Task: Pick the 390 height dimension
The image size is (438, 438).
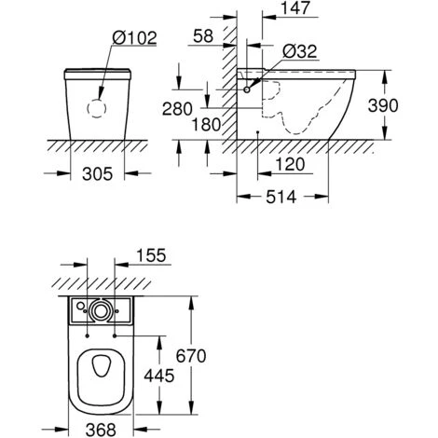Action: point(403,103)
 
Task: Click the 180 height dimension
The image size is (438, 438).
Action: point(207,123)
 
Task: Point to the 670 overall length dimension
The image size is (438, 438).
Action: point(210,356)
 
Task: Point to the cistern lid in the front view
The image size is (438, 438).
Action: point(97,74)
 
